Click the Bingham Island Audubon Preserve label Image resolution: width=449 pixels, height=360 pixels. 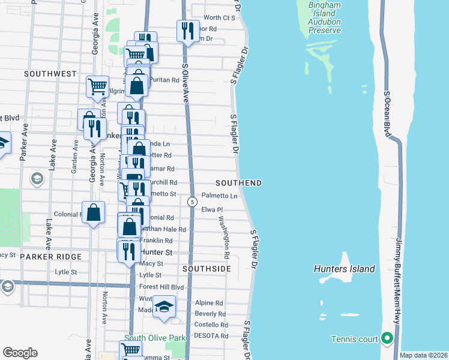pos(325,14)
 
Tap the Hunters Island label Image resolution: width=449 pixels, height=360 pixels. pos(344,269)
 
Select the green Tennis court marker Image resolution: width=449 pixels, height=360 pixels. pos(387,340)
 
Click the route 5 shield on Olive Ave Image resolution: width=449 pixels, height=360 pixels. pos(191,202)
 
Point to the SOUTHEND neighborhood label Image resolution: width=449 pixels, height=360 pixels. pos(239,182)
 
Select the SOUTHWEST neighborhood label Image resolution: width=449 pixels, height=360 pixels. pos(50,74)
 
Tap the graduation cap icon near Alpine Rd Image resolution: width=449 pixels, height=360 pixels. pos(163,307)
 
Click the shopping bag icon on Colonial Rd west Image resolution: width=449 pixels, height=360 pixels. pos(93,212)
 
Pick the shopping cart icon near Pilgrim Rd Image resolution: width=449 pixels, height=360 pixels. pos(97,86)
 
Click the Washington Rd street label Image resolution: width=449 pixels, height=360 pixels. pos(224,237)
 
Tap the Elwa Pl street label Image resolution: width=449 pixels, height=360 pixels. pos(212,209)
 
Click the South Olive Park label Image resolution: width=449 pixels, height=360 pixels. pos(155,338)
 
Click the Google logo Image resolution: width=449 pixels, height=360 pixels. pos(20,353)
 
